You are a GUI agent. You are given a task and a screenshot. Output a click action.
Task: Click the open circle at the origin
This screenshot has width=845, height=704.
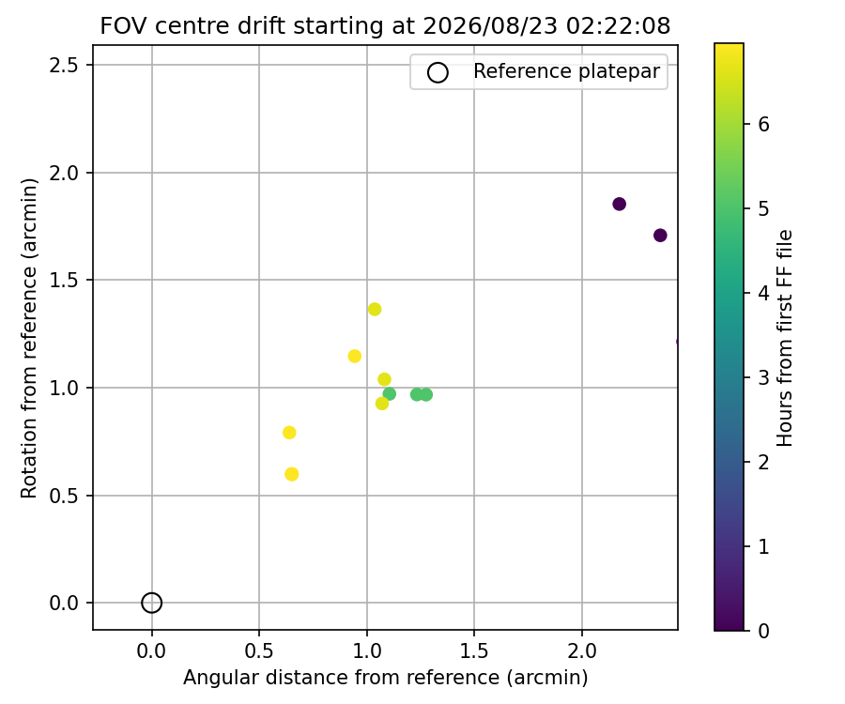coord(151,603)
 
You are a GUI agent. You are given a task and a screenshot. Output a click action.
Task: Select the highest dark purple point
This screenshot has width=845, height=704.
coord(620,204)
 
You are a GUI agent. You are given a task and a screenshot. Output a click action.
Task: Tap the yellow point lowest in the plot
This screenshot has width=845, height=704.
coord(292,474)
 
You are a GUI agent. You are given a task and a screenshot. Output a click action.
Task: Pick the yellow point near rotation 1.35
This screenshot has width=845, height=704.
coord(375,309)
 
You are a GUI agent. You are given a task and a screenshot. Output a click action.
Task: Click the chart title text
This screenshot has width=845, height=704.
coord(385,25)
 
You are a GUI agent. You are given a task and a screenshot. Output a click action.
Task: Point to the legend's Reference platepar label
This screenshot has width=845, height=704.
coord(566,71)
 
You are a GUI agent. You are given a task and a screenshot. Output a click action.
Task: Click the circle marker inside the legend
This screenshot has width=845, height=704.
coord(438,72)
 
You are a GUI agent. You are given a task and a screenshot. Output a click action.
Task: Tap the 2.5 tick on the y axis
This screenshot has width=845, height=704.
coord(64,65)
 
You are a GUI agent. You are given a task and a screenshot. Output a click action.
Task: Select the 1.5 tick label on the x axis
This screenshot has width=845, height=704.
coord(474,651)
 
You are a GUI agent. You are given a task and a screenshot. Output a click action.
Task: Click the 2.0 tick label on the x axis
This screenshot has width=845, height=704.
coord(582,651)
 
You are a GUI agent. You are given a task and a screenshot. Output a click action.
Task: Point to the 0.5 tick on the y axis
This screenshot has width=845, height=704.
coord(64,496)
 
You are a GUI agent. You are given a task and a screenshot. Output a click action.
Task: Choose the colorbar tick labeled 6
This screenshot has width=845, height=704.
coord(763,125)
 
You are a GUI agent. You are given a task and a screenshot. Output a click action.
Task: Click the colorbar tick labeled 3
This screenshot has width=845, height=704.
coord(763,377)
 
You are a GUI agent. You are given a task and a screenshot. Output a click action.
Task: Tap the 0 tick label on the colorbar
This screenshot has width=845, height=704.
coord(763,631)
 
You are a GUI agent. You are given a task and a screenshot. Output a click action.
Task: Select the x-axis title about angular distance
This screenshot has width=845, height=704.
coord(385,678)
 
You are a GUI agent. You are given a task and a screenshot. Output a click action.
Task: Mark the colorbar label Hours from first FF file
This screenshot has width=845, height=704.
coord(785,338)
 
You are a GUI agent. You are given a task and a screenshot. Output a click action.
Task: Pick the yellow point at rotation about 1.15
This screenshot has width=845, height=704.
coord(355,356)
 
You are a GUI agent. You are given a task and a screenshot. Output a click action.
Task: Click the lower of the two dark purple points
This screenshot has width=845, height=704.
coord(660,236)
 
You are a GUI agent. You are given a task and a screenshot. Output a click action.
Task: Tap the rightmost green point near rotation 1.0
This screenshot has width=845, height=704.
coord(426,395)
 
